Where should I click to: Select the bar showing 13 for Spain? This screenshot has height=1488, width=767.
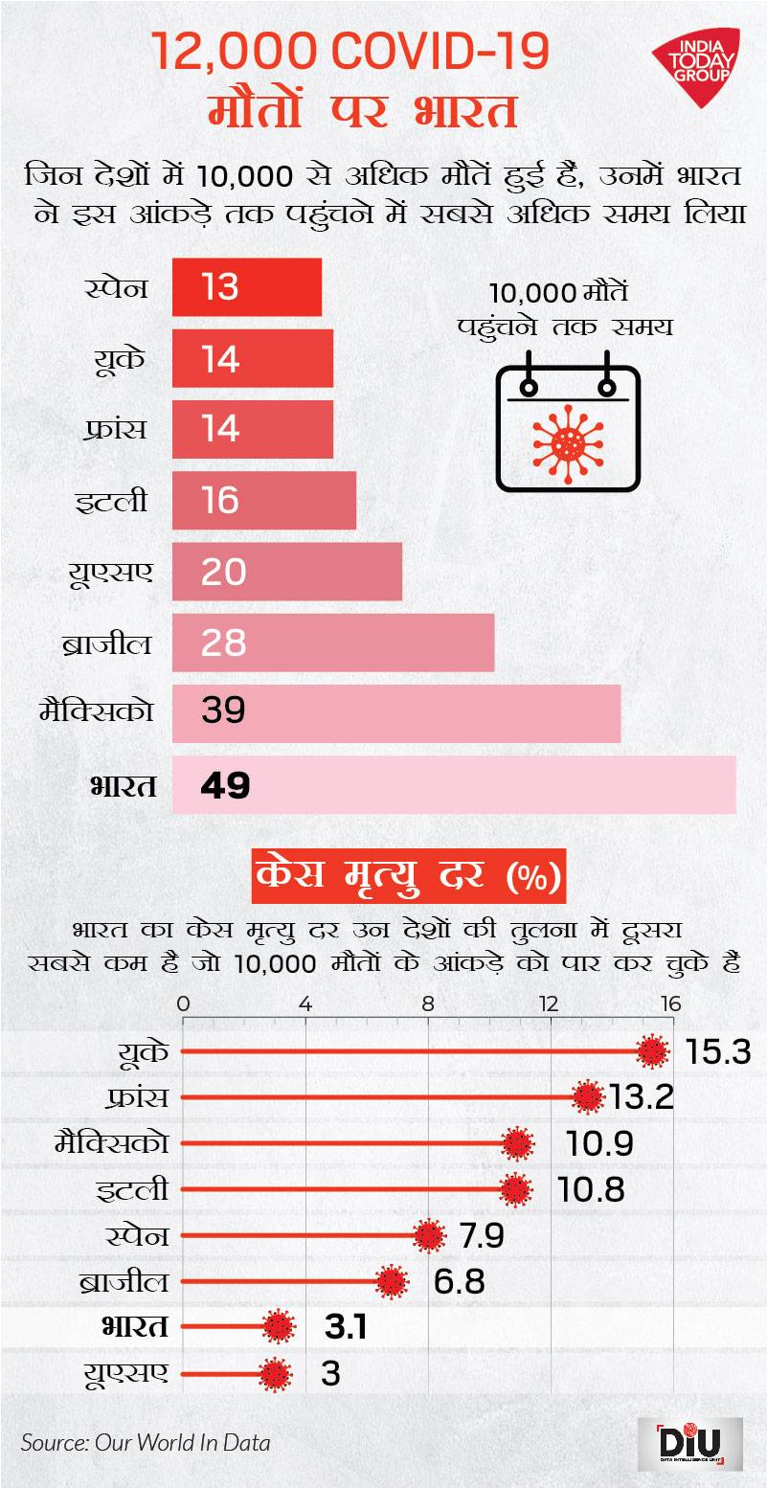(247, 286)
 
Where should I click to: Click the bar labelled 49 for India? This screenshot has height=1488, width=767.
(454, 785)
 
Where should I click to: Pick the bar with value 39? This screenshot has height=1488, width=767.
(396, 713)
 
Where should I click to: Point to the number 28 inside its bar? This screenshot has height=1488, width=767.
(224, 643)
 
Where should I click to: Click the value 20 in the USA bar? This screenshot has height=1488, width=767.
(224, 572)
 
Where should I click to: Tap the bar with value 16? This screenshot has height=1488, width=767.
(264, 500)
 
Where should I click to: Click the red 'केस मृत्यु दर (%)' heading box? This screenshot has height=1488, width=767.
(409, 875)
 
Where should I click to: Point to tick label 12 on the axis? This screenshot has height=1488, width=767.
(549, 1004)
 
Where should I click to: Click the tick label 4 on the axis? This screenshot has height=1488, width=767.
(305, 1004)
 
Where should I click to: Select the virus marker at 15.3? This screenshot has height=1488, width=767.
(653, 1051)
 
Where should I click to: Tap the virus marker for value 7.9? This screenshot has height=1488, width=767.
(428, 1236)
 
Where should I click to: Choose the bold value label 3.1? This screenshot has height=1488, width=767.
(346, 1328)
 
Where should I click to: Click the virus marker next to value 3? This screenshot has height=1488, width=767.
(276, 1375)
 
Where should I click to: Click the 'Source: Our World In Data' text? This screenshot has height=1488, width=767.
(146, 1442)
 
